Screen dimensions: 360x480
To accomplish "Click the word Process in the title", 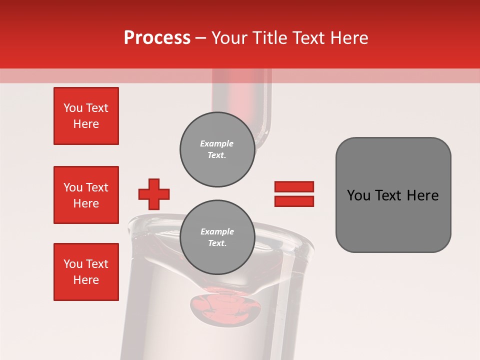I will point(157,38).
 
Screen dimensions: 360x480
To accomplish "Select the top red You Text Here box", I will point(86,116).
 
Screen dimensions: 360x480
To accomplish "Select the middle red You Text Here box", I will point(86,195).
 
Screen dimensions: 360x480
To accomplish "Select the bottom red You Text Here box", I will point(86,271).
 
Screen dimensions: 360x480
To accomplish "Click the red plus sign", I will point(154,194).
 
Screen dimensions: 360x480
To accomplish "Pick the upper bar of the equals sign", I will point(294,186).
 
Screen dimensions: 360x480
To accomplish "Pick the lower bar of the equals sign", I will point(294,201).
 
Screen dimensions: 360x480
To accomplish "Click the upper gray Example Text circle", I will point(217,149).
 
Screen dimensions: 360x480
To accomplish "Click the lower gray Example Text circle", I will point(217,237).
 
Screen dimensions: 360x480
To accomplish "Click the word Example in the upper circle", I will point(217,143).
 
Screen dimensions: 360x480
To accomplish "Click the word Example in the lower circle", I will point(217,231).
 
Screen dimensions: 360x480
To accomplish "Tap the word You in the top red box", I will point(72,108).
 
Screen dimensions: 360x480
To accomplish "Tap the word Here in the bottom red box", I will point(86,280).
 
